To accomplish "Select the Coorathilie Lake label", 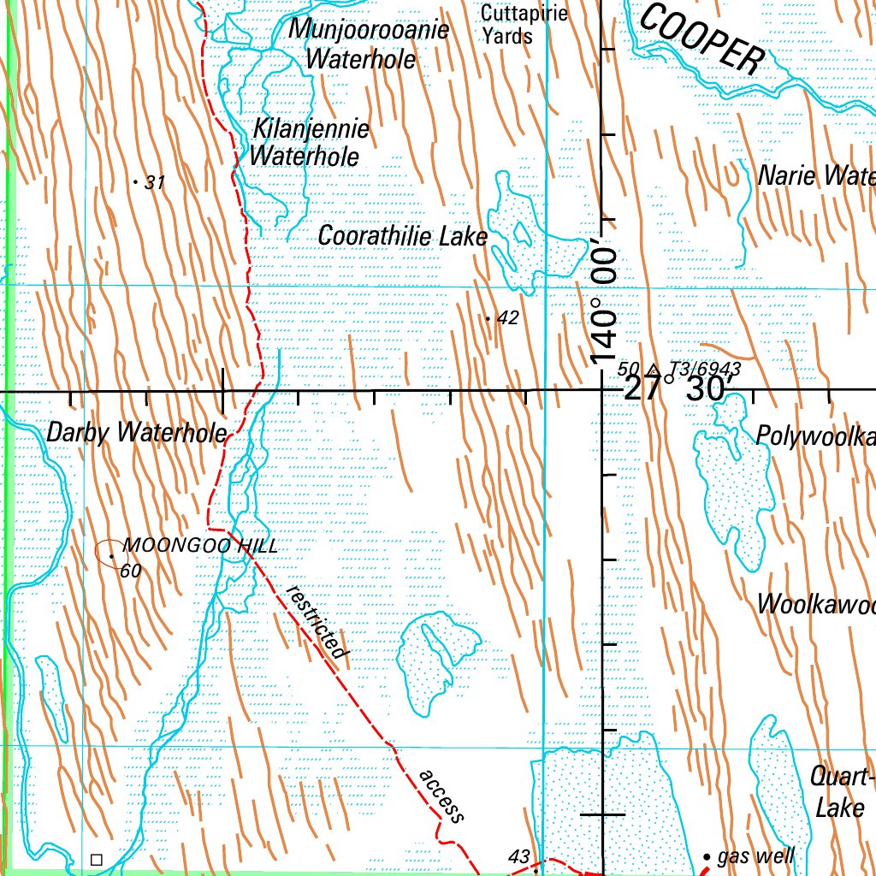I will [402, 236].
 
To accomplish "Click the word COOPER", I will [701, 39].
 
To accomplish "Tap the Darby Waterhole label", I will [136, 433].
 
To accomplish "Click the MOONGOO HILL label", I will [200, 545].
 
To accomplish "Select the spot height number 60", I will [131, 571].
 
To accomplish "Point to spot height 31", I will [154, 182].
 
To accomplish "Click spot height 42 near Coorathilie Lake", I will [507, 318].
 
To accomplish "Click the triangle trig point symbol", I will [654, 370].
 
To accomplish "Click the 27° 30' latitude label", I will [676, 388].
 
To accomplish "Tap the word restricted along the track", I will [319, 622].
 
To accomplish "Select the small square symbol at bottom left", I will [96, 859].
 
